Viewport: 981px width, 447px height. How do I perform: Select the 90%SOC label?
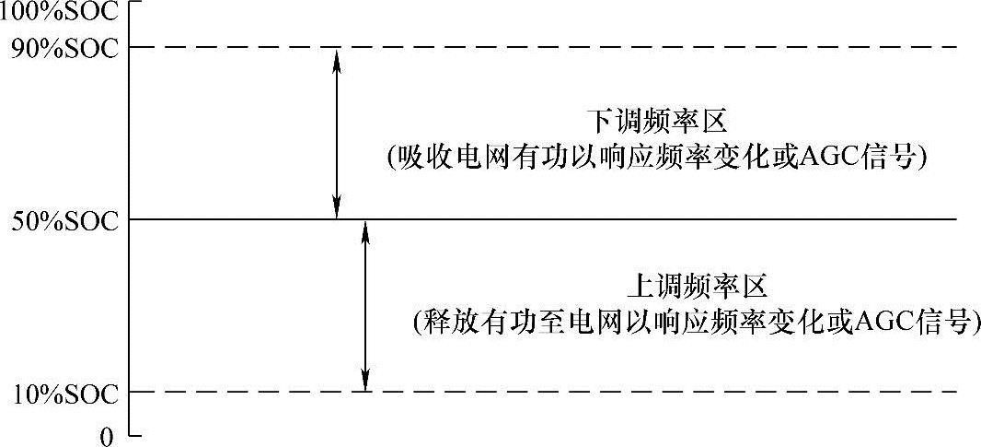coord(64,47)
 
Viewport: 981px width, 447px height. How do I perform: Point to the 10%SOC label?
coord(64,394)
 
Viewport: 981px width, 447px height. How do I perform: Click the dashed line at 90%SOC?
coord(644,47)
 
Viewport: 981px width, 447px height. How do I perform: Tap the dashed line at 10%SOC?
coord(644,392)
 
